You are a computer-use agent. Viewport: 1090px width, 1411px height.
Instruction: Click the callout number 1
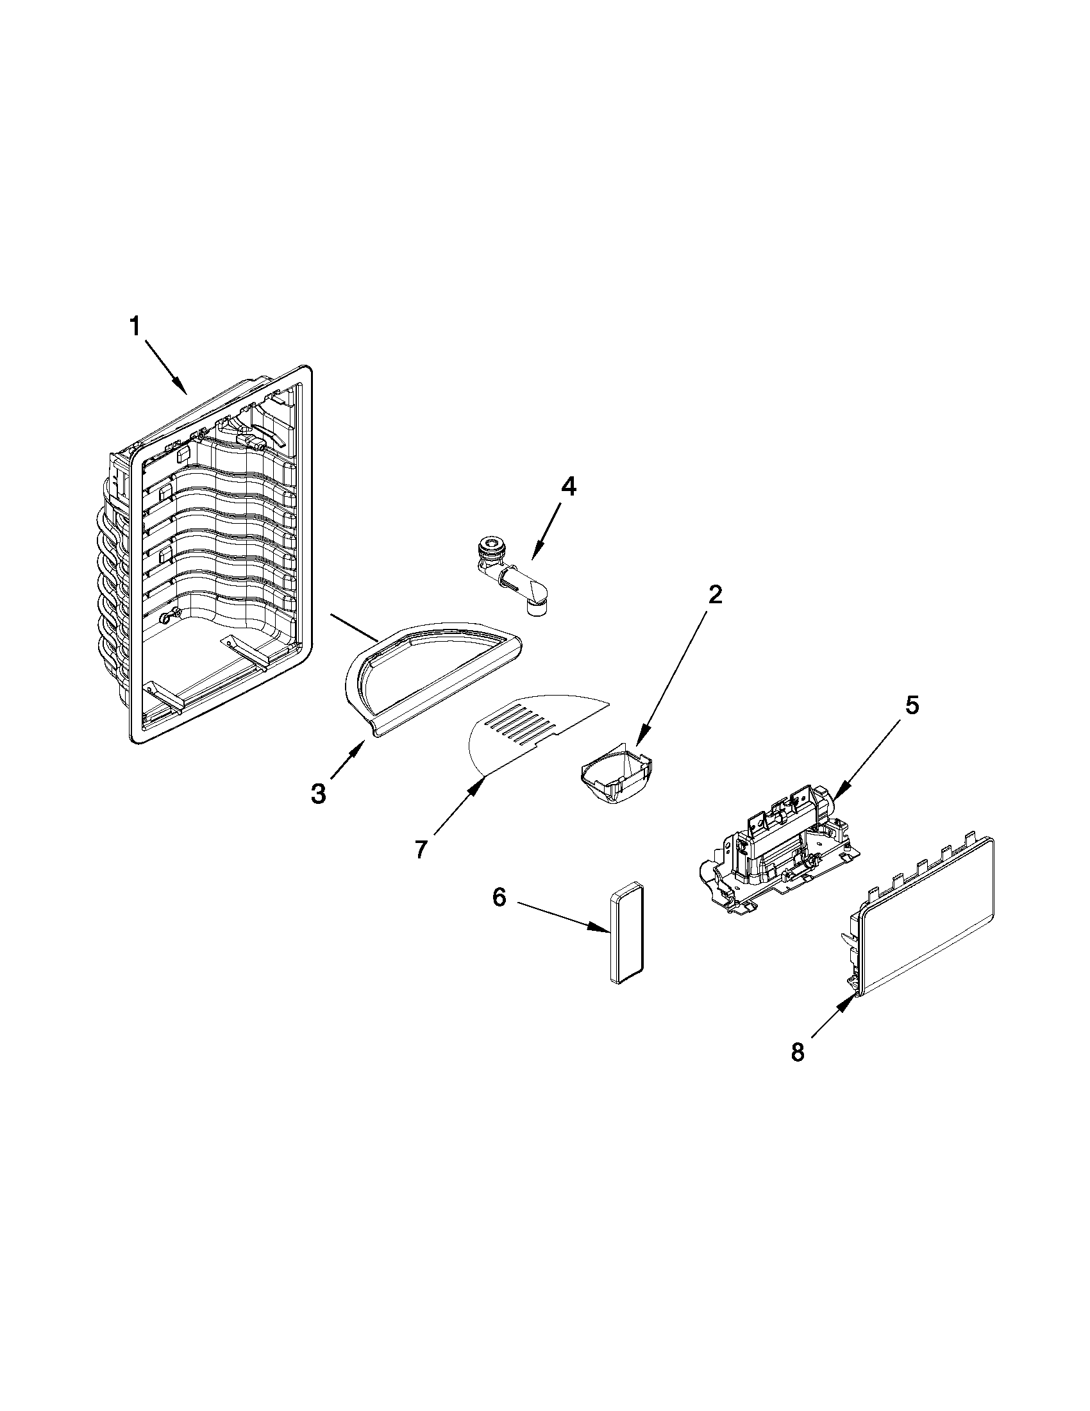click(135, 327)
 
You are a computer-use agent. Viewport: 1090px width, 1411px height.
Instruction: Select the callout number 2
click(714, 594)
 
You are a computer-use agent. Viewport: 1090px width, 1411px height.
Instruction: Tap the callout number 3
click(318, 794)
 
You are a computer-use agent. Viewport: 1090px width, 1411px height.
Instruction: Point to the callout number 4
click(567, 487)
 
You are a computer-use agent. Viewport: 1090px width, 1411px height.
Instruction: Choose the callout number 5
click(910, 705)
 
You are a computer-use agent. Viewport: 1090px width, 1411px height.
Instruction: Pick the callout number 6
click(499, 898)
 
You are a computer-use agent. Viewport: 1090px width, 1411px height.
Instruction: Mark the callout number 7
click(421, 849)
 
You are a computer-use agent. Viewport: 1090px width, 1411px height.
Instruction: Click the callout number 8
click(798, 1053)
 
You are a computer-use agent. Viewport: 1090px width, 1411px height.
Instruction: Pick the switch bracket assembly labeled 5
click(775, 853)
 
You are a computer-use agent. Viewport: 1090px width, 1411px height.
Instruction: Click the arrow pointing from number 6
click(562, 915)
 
